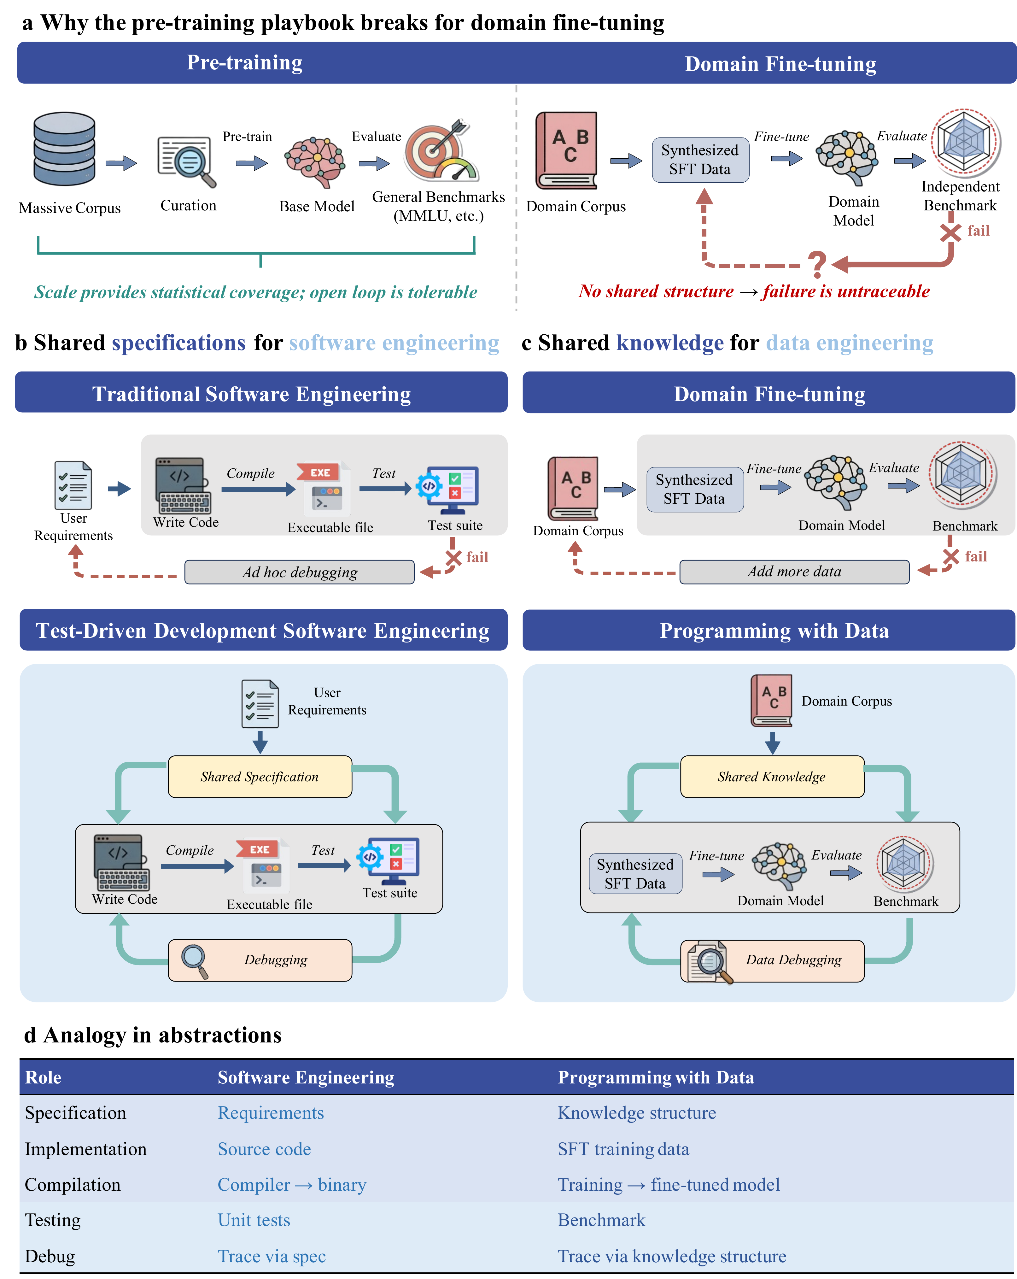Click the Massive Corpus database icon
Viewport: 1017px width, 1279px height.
pos(64,150)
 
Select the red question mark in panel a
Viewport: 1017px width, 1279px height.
pos(817,264)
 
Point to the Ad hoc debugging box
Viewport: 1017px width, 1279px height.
pos(300,572)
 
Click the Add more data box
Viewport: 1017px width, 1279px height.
pos(794,571)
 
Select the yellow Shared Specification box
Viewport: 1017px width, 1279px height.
pos(260,777)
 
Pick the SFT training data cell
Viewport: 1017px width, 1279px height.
pos(623,1149)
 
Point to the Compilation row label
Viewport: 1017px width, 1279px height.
pos(72,1185)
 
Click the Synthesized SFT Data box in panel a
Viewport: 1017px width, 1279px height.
pos(700,160)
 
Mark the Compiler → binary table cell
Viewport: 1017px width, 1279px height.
pos(292,1185)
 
